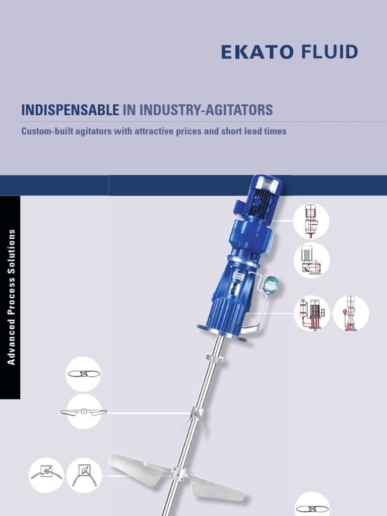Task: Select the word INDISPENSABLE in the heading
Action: pyautogui.click(x=70, y=110)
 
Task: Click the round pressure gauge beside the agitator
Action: pyautogui.click(x=271, y=284)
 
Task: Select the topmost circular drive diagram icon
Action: pyautogui.click(x=311, y=221)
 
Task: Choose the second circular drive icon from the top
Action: pyautogui.click(x=311, y=260)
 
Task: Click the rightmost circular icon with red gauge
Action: pyautogui.click(x=351, y=313)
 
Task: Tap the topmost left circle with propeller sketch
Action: pyautogui.click(x=83, y=374)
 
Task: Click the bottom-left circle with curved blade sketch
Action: pyautogui.click(x=46, y=475)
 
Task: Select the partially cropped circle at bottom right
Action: pyautogui.click(x=311, y=505)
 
